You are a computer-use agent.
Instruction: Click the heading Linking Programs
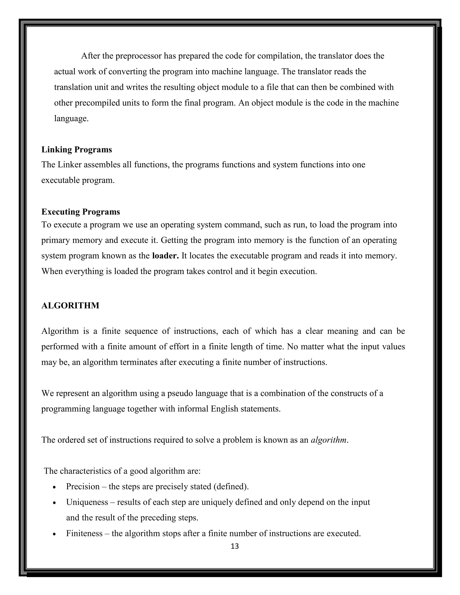(77, 150)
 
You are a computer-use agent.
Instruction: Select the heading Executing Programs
(80, 212)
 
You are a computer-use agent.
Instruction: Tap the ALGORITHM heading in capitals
(70, 305)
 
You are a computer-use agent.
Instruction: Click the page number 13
(235, 546)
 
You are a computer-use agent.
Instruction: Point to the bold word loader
(165, 256)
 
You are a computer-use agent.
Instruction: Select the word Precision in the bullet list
(83, 486)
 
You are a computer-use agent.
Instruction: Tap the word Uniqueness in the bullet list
(87, 502)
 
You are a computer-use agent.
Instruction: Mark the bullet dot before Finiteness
(55, 534)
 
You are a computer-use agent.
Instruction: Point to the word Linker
(69, 165)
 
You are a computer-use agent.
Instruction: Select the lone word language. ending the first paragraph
(71, 119)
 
